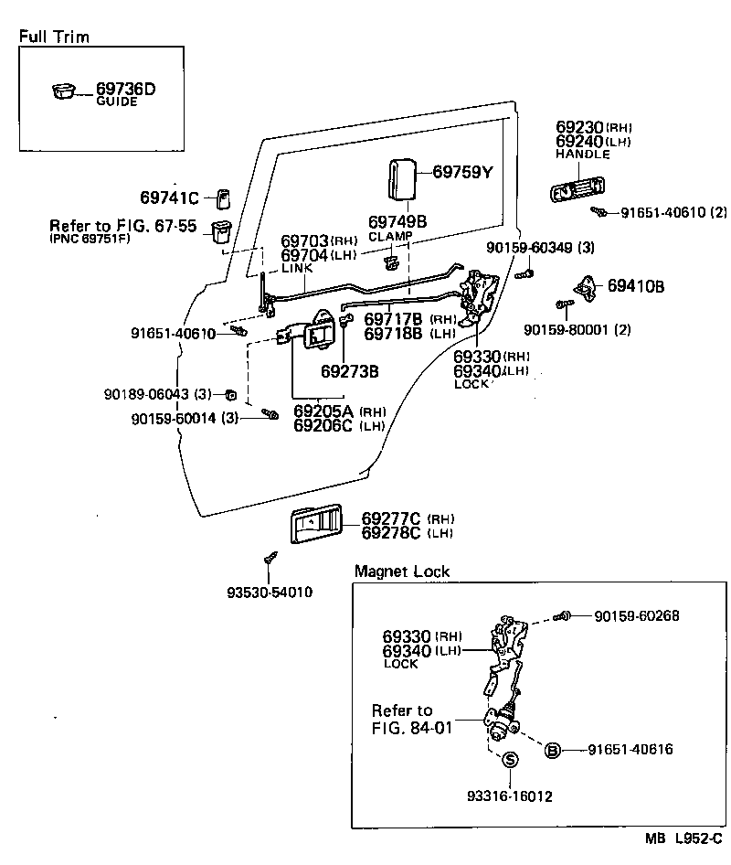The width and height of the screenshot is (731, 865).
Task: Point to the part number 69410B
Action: tap(636, 286)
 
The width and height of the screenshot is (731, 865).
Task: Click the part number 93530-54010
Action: tap(270, 592)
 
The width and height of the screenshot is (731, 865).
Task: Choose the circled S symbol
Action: tap(510, 759)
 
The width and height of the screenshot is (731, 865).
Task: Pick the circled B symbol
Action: tap(552, 750)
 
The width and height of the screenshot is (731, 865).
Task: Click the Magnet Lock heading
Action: tap(402, 571)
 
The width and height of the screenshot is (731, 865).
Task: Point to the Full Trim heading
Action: tap(54, 37)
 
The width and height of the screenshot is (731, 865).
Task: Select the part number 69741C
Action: tap(170, 198)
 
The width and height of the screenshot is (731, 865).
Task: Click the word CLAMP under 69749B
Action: tap(390, 236)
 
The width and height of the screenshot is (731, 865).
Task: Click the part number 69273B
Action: tap(349, 371)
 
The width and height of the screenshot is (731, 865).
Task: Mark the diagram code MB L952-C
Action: tap(683, 838)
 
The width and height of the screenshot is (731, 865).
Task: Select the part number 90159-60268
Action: tap(636, 616)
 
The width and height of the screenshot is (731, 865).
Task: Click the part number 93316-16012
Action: tap(510, 796)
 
